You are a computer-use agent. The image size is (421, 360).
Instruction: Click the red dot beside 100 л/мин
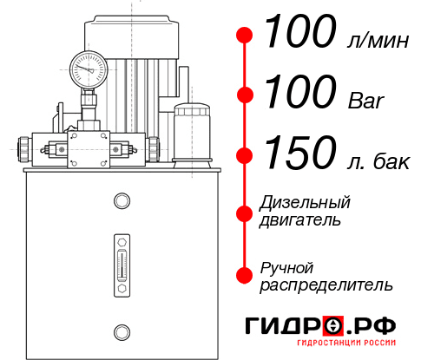pos(245,36)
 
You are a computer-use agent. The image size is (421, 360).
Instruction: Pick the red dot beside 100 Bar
pos(245,95)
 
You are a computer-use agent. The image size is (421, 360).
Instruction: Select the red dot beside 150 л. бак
pos(245,155)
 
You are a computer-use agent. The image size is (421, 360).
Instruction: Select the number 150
pos(297,154)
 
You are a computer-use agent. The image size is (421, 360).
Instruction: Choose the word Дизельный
pos(305,204)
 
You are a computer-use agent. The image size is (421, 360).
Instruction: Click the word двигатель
pos(300,220)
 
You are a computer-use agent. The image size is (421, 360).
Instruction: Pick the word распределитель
pos(326,285)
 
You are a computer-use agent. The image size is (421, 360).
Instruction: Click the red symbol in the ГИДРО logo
pos(333,326)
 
